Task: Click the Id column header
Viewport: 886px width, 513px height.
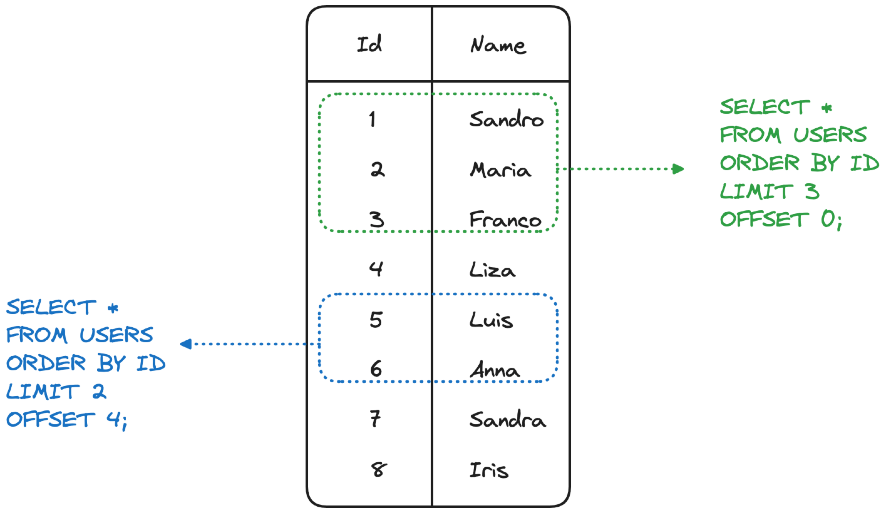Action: [369, 44]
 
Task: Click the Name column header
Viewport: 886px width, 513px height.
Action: [498, 45]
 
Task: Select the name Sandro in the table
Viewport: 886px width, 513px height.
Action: [506, 119]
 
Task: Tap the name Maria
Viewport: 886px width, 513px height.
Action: [500, 170]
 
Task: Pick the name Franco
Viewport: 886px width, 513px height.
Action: [505, 219]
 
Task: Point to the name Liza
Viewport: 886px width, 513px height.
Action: [492, 270]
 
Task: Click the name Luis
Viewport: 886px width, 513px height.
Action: [491, 320]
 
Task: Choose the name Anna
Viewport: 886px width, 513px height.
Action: [495, 370]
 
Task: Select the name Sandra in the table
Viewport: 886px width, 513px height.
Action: [508, 419]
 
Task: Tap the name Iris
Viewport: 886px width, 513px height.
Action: [489, 470]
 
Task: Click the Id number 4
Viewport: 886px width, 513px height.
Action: [376, 269]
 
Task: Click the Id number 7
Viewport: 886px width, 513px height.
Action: [375, 419]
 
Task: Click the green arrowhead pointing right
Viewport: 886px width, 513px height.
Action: [678, 169]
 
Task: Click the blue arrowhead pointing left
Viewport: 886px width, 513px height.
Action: [186, 344]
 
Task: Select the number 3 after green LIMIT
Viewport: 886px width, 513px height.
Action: [812, 191]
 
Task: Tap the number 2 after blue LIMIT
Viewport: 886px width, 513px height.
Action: [99, 391]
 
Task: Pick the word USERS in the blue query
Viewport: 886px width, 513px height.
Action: [116, 334]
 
